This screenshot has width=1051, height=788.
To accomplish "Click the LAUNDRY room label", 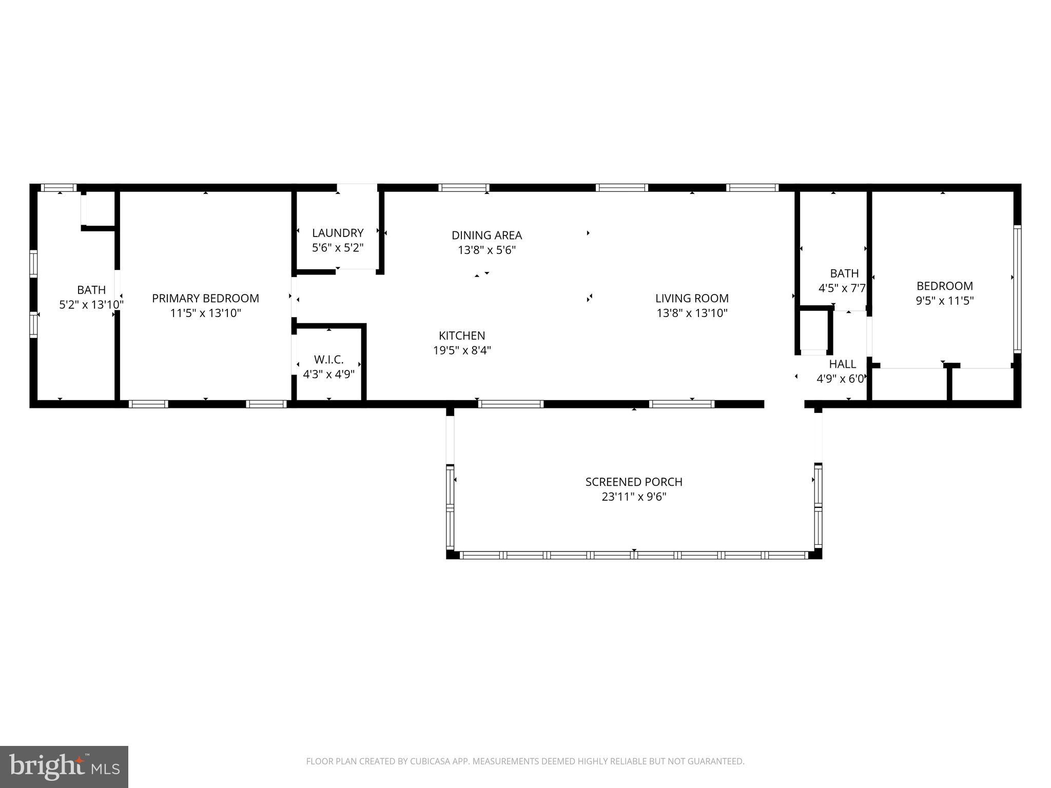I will (x=338, y=233).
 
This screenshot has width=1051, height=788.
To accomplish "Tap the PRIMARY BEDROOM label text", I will (x=205, y=298).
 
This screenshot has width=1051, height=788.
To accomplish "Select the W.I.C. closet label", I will (x=328, y=360).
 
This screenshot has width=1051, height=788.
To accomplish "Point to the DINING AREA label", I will (x=486, y=235).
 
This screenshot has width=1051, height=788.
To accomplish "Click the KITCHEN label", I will (x=462, y=336).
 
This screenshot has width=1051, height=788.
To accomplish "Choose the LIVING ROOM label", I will (x=692, y=298).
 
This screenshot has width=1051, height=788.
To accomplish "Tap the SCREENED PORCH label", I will (x=634, y=482).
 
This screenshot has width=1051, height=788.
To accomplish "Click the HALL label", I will (x=842, y=364).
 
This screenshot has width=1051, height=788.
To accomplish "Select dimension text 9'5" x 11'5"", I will (x=945, y=301).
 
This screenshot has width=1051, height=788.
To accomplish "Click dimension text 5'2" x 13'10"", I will (x=91, y=305).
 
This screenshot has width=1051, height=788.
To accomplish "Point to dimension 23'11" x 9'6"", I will (x=634, y=497).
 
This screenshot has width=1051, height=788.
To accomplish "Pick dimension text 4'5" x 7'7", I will (x=842, y=288).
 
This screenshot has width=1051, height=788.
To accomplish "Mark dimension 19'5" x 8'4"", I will (x=462, y=350).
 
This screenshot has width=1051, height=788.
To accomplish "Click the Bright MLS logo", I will (x=64, y=766).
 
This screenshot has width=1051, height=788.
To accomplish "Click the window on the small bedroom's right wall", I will (x=1017, y=288).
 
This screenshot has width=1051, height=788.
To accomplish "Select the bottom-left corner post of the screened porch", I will (x=452, y=554).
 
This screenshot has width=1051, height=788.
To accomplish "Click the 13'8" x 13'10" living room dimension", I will (x=692, y=313).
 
